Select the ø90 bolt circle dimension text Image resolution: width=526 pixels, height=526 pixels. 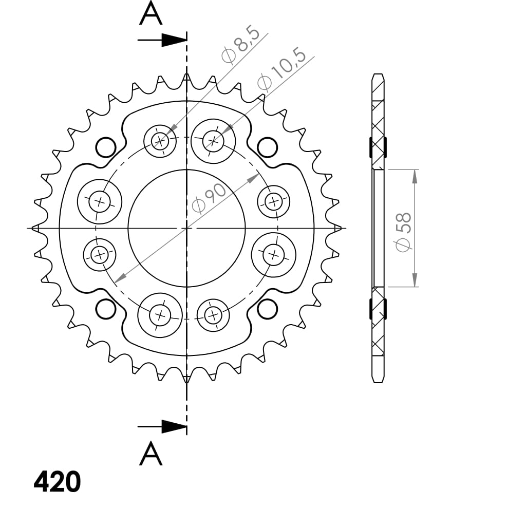point(209,198)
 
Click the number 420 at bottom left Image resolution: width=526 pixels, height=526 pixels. point(57,482)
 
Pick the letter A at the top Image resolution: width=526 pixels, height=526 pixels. point(151,14)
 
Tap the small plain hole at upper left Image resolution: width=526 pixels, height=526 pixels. point(106,147)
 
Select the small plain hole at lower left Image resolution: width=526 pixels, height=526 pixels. point(106,309)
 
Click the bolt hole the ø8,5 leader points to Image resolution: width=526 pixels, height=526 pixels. point(160,140)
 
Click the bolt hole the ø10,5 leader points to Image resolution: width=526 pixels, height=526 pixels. point(213,139)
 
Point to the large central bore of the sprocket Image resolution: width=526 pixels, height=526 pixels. point(186,228)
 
